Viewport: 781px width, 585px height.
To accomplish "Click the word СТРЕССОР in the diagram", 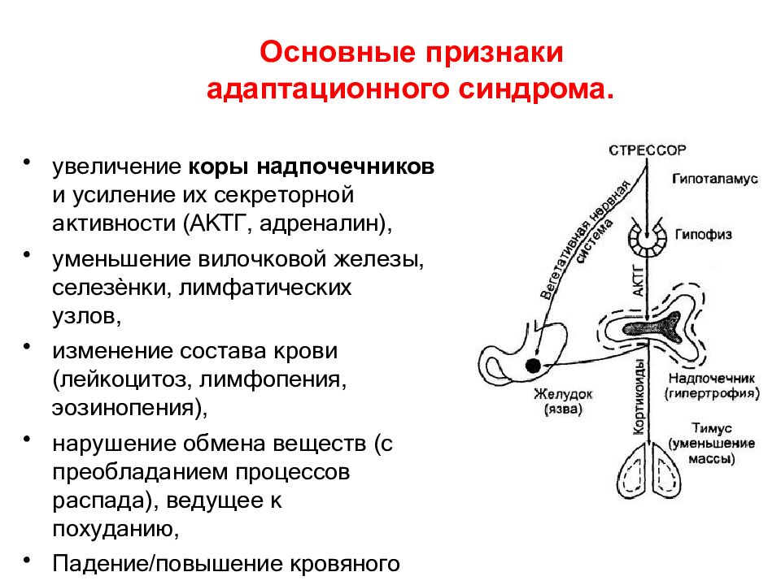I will click(x=648, y=149).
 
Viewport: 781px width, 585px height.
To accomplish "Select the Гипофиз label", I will click(x=703, y=234).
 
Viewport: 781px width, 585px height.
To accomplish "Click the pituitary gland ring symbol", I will click(x=648, y=240).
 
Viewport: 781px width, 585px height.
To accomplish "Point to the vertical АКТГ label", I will click(x=637, y=279).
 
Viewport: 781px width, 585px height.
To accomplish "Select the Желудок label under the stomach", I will click(x=563, y=394).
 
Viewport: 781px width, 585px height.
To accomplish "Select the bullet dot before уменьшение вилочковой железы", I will click(x=28, y=255).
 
